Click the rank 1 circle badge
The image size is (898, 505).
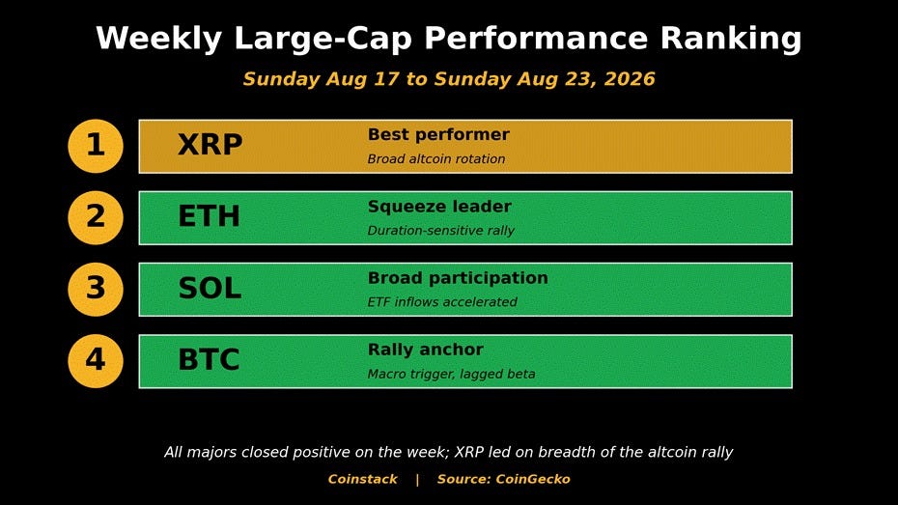click(x=96, y=146)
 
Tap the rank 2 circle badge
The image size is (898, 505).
click(x=96, y=217)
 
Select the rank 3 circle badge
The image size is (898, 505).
click(x=96, y=289)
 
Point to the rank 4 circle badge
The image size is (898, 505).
click(x=96, y=361)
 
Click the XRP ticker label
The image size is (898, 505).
click(x=210, y=145)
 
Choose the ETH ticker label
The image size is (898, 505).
click(x=209, y=216)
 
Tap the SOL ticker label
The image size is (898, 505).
click(x=210, y=288)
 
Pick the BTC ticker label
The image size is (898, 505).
click(x=209, y=359)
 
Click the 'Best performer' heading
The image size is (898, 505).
click(x=438, y=135)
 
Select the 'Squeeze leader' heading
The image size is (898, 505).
click(x=440, y=207)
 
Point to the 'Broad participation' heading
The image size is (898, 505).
click(x=458, y=278)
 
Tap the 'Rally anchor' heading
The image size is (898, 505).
click(x=426, y=350)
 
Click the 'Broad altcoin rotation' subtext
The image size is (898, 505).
click(x=436, y=159)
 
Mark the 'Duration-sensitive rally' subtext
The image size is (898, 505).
click(x=441, y=231)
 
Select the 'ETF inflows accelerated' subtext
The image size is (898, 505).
click(x=442, y=302)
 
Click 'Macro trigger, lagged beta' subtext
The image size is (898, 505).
click(x=451, y=375)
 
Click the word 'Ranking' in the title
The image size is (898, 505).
click(x=731, y=40)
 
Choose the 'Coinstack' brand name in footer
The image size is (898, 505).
click(x=362, y=479)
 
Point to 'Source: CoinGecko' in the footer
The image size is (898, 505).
click(x=503, y=479)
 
